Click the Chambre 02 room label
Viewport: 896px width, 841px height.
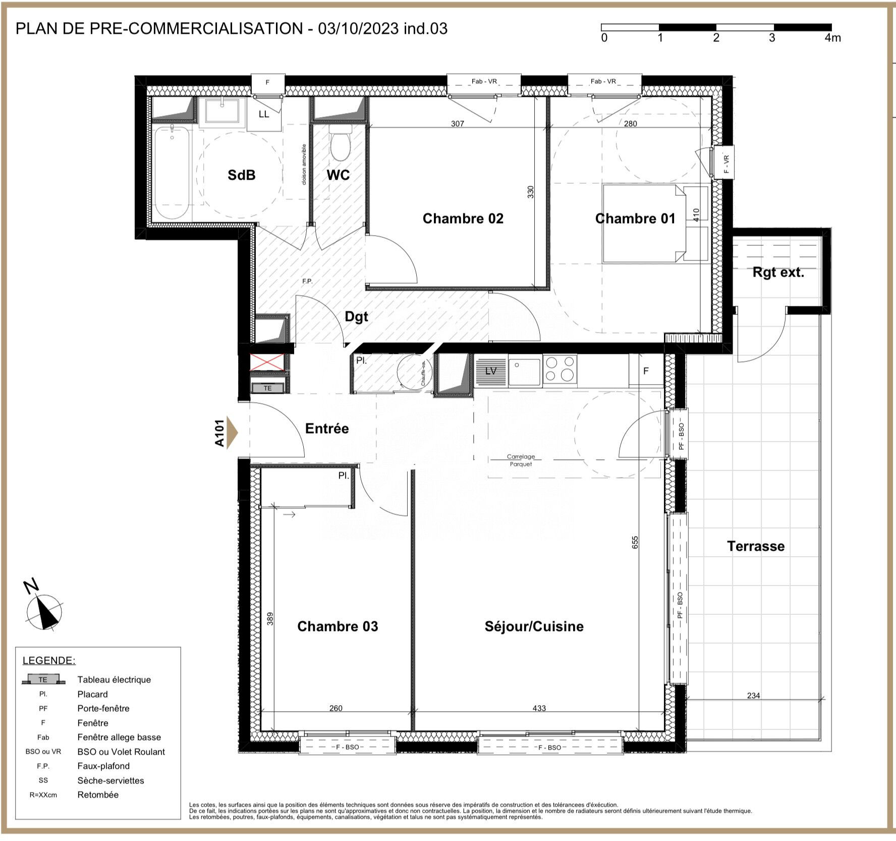click(463, 219)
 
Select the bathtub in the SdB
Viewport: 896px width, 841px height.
click(172, 172)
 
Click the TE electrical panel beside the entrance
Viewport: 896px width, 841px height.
click(268, 388)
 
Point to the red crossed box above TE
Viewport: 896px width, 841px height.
click(267, 362)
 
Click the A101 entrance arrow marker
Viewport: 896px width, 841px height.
click(231, 433)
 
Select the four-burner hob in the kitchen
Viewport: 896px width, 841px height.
click(560, 369)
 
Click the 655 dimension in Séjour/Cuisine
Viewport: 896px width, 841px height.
click(635, 542)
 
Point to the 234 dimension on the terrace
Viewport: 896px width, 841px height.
click(753, 696)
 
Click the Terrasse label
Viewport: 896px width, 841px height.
click(755, 546)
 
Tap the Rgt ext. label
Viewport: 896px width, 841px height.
click(778, 273)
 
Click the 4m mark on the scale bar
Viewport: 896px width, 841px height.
click(832, 38)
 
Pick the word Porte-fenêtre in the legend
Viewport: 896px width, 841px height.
click(103, 708)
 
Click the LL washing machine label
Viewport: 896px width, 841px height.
click(264, 114)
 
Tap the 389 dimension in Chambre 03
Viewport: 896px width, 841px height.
click(270, 618)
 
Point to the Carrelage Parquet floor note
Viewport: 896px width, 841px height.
click(521, 460)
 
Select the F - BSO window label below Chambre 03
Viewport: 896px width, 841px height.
click(348, 747)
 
